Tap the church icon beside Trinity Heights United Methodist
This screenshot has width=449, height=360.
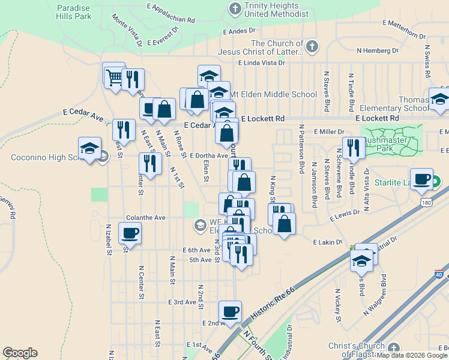[235, 8]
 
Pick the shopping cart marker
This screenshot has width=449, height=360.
[113, 74]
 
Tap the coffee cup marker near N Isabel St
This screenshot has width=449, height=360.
[129, 233]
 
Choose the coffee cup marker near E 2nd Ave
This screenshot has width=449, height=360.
[230, 311]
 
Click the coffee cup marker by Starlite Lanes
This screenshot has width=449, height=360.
[422, 179]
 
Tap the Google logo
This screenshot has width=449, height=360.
[20, 353]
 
